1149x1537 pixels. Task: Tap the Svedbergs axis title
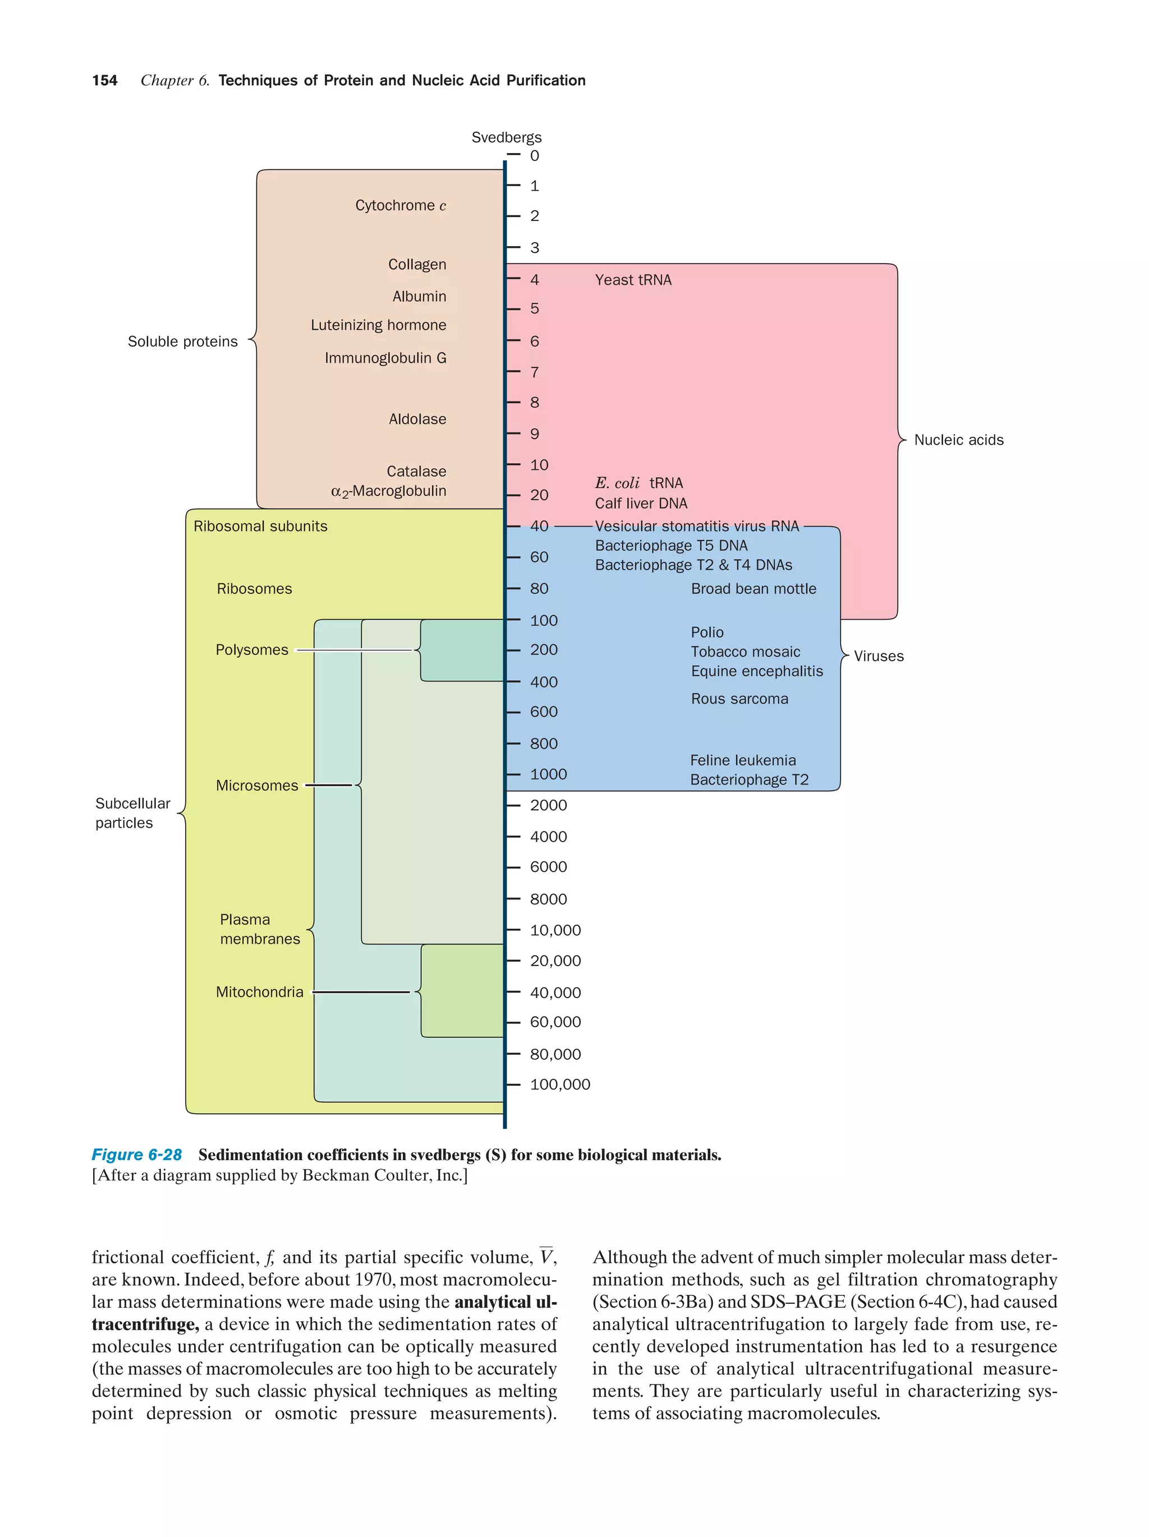pos(505,137)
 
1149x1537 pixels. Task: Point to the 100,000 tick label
pos(559,1084)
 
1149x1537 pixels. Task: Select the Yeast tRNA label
pos(632,280)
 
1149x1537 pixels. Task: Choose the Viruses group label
pos(878,656)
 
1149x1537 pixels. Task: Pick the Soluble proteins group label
pos(182,341)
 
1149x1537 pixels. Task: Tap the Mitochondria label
pos(259,991)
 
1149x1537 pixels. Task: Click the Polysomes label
pos(252,650)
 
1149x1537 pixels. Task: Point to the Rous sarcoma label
pos(738,699)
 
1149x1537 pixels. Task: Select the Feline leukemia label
pos(742,760)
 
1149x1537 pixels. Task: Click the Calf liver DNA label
pos(640,503)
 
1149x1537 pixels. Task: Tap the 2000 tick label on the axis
pos(548,805)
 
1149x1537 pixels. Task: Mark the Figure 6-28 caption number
pos(136,1154)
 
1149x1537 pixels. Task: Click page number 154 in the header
pos(104,81)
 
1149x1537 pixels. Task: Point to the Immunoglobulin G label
pos(384,358)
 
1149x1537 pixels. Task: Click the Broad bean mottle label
pos(753,589)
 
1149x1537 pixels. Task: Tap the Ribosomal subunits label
pos(260,526)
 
